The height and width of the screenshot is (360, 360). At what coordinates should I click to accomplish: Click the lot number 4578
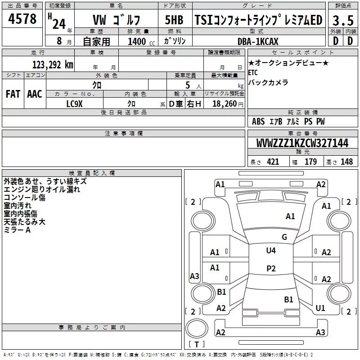tap(22, 20)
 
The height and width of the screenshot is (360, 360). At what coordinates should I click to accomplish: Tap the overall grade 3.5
tap(342, 21)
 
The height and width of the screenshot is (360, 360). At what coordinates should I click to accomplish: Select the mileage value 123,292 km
tap(53, 64)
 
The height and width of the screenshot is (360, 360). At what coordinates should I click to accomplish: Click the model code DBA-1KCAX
tap(258, 41)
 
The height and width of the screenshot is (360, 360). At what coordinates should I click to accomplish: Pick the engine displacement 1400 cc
tap(136, 41)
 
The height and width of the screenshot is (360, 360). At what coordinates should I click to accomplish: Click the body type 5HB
tap(174, 20)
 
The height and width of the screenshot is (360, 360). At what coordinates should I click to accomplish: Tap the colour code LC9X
tap(75, 103)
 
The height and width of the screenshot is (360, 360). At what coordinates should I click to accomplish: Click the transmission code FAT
tap(13, 94)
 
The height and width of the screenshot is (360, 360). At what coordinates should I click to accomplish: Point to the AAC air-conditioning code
tap(35, 94)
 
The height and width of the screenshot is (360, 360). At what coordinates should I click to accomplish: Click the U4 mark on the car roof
tap(270, 250)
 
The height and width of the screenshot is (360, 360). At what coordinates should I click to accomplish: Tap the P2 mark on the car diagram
tap(270, 268)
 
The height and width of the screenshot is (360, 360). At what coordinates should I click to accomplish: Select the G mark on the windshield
tap(284, 237)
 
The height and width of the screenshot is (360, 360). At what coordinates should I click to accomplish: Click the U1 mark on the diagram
tap(320, 308)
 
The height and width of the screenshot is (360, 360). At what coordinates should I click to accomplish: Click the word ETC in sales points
tap(254, 72)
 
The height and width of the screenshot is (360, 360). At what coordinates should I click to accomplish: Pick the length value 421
tap(273, 162)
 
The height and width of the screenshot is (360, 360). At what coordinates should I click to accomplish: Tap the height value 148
tap(346, 162)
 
